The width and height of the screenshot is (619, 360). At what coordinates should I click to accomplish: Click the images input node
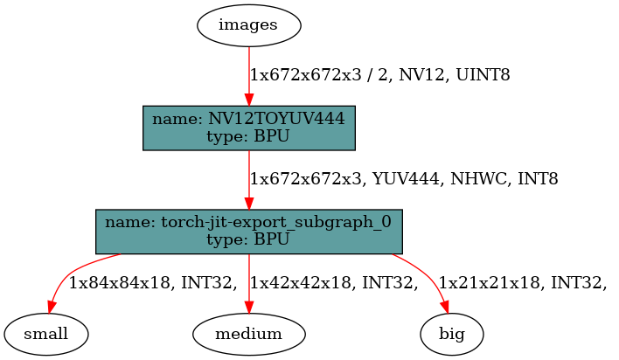click(x=248, y=24)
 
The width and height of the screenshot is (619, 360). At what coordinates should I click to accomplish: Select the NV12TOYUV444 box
click(x=250, y=128)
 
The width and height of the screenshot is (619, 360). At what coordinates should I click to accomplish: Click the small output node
click(x=47, y=333)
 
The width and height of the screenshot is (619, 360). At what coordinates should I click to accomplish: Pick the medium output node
click(x=249, y=333)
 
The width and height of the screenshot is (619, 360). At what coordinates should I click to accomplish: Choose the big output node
click(x=451, y=333)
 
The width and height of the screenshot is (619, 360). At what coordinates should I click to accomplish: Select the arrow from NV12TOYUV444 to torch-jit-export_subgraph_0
click(x=250, y=178)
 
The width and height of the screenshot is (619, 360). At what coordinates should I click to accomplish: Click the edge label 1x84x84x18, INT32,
click(x=153, y=282)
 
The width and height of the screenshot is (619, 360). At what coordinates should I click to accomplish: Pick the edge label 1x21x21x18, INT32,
click(x=522, y=282)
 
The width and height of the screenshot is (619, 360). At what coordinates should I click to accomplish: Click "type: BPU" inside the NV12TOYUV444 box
click(x=250, y=136)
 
